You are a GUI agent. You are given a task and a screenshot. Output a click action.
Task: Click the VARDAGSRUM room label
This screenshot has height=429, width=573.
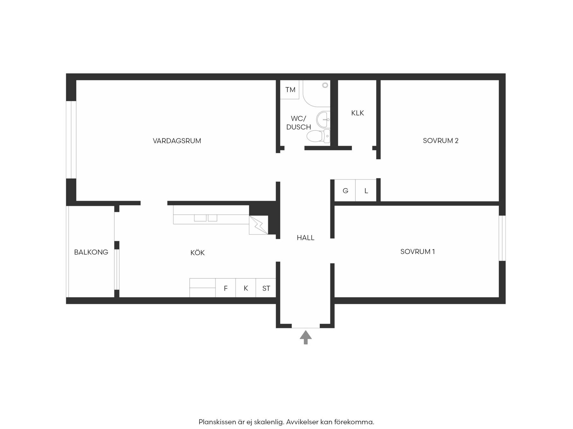(x=177, y=141)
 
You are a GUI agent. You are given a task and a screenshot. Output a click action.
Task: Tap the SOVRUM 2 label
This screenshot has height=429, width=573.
(x=441, y=141)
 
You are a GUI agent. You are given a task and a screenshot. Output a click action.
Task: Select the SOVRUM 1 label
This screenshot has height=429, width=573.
(x=417, y=252)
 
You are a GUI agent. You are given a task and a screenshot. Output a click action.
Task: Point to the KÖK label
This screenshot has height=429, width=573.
(x=197, y=253)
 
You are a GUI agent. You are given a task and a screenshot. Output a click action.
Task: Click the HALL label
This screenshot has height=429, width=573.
(x=306, y=238)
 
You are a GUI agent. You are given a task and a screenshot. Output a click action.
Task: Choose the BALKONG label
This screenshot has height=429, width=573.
(x=91, y=252)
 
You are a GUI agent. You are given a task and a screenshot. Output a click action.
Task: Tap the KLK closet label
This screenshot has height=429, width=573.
(x=357, y=113)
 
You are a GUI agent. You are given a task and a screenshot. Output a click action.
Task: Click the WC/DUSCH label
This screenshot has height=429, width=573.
(x=299, y=123)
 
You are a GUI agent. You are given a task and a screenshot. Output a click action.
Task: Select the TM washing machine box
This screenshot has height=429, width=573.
(x=290, y=90)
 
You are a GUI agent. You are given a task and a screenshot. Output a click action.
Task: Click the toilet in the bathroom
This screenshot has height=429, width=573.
(x=319, y=136)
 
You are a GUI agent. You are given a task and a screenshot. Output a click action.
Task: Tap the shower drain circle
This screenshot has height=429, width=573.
(x=325, y=85)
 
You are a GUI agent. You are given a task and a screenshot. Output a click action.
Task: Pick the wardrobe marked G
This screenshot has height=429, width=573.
(x=345, y=190)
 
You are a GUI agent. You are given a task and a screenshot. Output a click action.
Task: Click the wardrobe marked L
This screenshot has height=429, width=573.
(x=366, y=190)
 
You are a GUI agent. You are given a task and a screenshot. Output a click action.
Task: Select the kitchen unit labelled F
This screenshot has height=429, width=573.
(x=226, y=288)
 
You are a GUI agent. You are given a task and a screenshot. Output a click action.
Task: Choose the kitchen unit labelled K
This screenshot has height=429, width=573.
(x=246, y=288)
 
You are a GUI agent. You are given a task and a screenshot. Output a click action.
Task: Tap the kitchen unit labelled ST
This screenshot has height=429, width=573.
(x=266, y=288)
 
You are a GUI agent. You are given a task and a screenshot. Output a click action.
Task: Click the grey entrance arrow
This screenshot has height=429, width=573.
(x=306, y=337)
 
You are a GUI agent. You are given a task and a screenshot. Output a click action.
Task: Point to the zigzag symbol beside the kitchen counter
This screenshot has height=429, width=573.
(x=258, y=225)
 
